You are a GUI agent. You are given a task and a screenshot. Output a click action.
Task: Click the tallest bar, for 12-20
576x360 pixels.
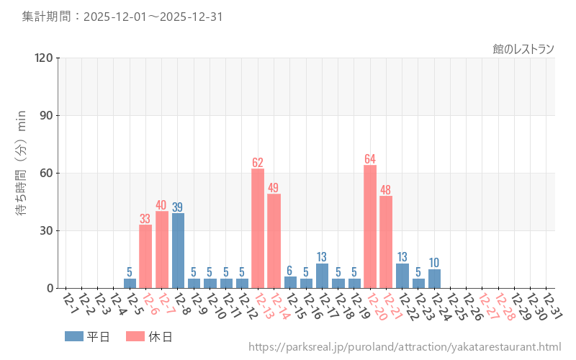pos(370,227)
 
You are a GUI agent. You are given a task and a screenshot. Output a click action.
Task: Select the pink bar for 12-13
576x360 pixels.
pos(258,228)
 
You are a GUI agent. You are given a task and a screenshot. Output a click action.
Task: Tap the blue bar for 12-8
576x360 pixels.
pos(178,251)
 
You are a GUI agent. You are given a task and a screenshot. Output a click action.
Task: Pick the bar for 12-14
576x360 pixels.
pos(274,241)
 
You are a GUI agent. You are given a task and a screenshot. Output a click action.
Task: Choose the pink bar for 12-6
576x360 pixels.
pos(145,256)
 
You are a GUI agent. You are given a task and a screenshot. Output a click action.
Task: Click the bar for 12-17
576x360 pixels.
pos(322,276)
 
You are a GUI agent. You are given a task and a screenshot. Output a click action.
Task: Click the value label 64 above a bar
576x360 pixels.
pos(370,159)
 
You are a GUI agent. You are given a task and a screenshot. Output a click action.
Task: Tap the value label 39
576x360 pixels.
pos(178,207)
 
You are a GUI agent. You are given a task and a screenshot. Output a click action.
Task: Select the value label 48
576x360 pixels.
pos(386,190)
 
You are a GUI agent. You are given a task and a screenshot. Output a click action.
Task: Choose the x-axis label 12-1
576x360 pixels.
pos(71,305)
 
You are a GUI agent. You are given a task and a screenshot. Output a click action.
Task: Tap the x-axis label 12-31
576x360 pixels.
pos(552,305)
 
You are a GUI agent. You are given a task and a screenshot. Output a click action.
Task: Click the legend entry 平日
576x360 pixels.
pos(87,336)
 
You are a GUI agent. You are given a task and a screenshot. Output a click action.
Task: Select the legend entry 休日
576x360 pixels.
pos(149,336)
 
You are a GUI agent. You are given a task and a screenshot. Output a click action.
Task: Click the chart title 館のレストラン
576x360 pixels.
pos(523,49)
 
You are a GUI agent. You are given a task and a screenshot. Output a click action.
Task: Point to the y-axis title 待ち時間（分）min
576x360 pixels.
pos(22,173)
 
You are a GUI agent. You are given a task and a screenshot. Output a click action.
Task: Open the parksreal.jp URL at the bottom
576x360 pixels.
pos(405,347)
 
